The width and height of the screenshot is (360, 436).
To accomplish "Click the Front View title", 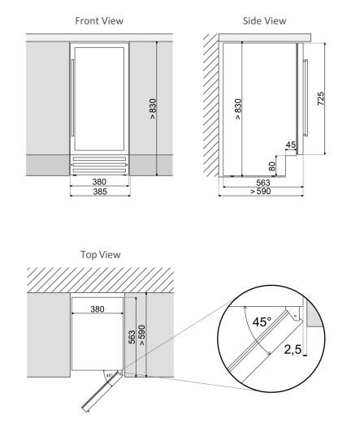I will tap(99, 19).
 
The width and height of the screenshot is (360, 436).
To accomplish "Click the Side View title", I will tap(265, 19).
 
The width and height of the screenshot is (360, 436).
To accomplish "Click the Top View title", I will tap(100, 254).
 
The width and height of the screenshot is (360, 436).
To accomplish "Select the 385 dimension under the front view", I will tap(99, 192).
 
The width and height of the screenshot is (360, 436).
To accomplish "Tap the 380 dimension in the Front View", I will tap(99, 183).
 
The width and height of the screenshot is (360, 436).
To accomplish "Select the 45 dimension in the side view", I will tap(290, 145).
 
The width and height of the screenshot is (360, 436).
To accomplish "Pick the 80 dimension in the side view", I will tap(272, 166).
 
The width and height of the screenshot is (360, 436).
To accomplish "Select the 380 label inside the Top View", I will tap(97, 309).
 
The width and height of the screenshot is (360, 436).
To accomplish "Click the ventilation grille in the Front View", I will tap(99, 166).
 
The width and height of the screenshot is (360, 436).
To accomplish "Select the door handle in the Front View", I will tap(74, 97).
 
